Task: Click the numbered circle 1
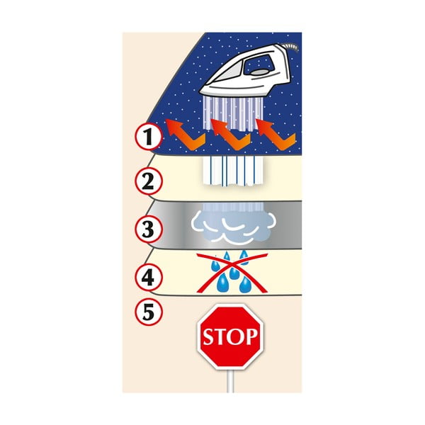(x=148, y=136)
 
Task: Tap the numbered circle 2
(x=148, y=181)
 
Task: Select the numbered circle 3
(x=148, y=229)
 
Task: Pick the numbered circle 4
(x=148, y=277)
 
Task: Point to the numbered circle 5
(x=148, y=312)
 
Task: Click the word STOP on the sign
(x=230, y=336)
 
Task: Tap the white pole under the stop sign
(x=230, y=381)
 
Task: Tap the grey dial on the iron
(x=260, y=72)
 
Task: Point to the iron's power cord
(x=292, y=47)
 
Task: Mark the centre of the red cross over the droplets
(x=232, y=273)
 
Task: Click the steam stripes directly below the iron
(x=232, y=113)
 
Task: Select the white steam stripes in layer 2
(x=232, y=171)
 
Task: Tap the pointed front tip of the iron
(x=200, y=91)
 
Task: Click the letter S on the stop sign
(x=209, y=337)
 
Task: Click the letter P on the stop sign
(x=251, y=336)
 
